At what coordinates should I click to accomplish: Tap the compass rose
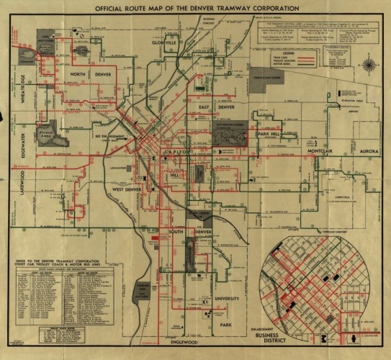pyautogui.click(x=369, y=67)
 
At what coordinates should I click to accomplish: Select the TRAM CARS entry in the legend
pyautogui.click(x=300, y=59)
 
